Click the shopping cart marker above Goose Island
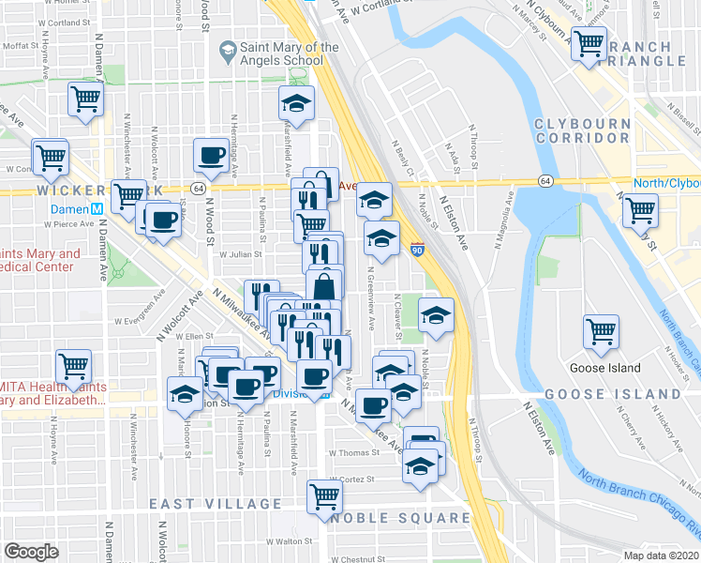pos(601,329)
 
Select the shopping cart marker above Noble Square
pos(324,495)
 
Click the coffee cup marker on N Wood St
pos(210,155)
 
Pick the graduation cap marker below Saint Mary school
pos(297,102)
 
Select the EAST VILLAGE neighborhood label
pos(216,504)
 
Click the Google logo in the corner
pos(31,552)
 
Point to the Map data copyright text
pos(662,555)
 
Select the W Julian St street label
pos(237,253)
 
